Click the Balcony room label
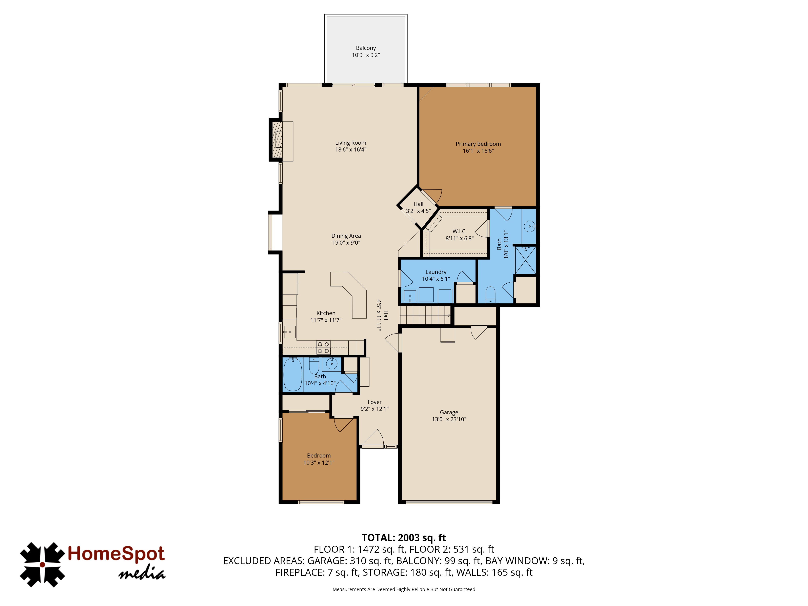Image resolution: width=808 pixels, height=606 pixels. point(366,48)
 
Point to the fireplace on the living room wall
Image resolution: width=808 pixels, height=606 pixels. point(277,140)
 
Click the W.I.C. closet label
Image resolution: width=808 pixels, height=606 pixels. point(460,231)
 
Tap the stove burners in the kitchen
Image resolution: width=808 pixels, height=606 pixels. point(323,347)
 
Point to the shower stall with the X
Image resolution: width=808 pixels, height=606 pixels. point(525,260)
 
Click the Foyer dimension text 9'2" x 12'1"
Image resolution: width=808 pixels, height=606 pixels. point(375,409)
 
